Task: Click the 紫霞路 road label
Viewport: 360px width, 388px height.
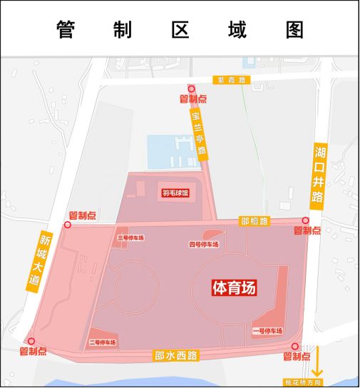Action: click(x=231, y=81)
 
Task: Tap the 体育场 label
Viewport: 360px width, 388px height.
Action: click(x=234, y=287)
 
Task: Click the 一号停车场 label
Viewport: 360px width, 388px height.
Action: click(x=267, y=330)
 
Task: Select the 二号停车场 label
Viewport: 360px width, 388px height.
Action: click(x=102, y=342)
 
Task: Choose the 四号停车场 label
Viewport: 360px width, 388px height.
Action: click(x=203, y=245)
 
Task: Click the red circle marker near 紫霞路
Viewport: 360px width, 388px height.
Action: click(x=191, y=88)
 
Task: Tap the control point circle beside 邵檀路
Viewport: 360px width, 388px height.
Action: click(x=306, y=221)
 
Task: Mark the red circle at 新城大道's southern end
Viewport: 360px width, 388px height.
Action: click(x=30, y=341)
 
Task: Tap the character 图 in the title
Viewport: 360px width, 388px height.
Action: click(x=293, y=30)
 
